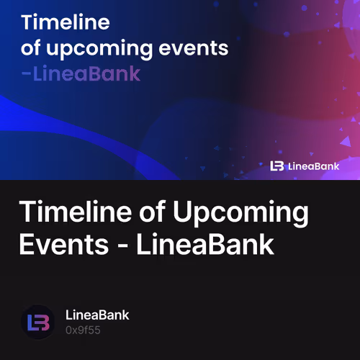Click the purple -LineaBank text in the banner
81,74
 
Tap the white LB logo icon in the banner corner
277,166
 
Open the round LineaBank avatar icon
38,322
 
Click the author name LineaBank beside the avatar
97,315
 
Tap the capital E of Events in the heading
27,245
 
